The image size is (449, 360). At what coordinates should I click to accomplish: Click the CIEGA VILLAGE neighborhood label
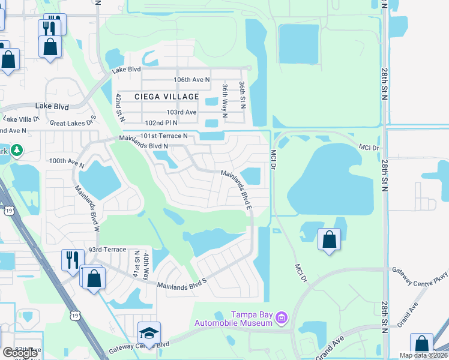[x=167, y=97]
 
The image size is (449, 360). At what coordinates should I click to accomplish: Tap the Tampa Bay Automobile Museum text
[x=248, y=319]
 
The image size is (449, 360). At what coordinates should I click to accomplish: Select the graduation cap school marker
[x=149, y=334]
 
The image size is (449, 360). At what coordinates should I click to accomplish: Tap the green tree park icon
[x=17, y=149]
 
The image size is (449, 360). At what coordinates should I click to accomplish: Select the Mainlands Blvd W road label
[x=86, y=207]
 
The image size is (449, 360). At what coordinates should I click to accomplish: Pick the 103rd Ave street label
[x=182, y=112]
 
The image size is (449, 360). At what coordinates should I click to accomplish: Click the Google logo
[x=20, y=352]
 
